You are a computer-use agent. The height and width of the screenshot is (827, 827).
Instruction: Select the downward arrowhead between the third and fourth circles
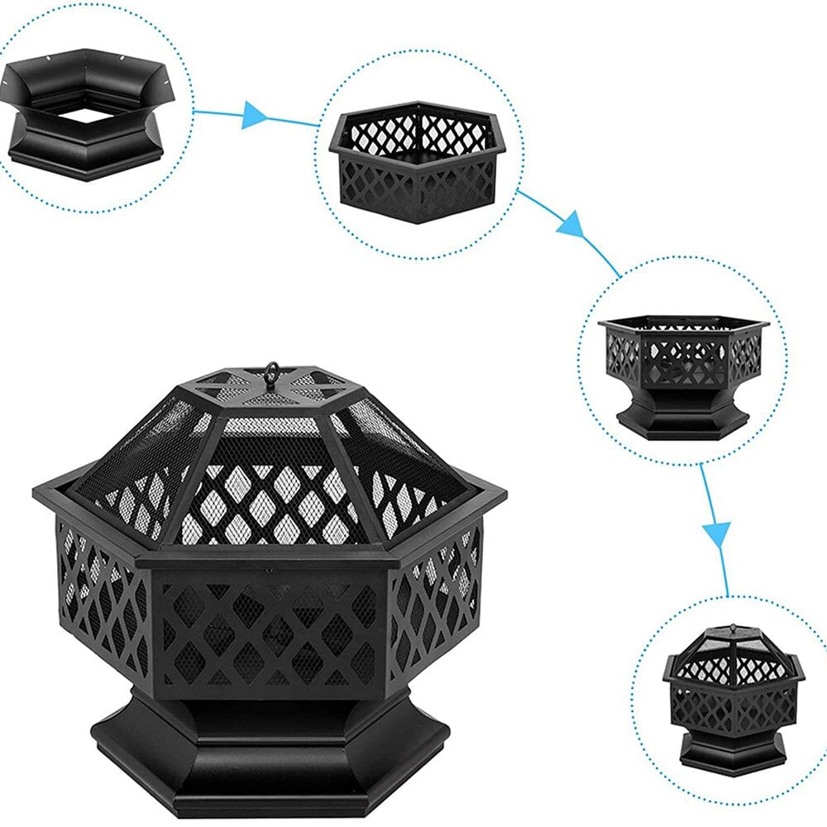717,533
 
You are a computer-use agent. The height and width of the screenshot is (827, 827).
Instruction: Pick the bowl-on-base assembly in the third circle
683,372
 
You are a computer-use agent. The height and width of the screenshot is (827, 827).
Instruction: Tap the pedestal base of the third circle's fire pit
683,418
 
